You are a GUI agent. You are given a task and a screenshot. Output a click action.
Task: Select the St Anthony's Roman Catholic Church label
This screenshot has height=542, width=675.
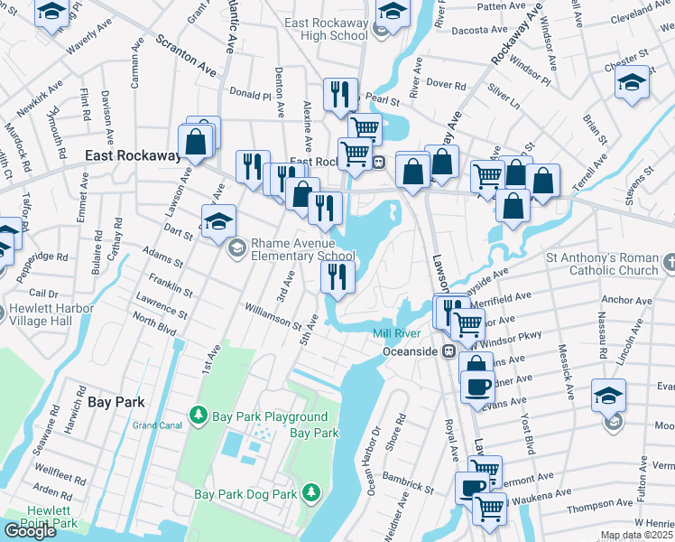(x=602, y=264)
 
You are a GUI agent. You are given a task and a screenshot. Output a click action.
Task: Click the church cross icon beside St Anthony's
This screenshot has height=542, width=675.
(x=669, y=263)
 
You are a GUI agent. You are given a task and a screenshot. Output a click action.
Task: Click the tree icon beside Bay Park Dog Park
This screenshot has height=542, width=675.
(x=310, y=492)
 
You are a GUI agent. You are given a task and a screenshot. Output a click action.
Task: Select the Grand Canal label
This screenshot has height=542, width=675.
(x=157, y=425)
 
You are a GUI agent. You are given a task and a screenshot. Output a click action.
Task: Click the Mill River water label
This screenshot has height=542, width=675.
(x=397, y=334)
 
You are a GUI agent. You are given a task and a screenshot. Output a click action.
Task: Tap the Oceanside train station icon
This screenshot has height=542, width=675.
(x=448, y=351)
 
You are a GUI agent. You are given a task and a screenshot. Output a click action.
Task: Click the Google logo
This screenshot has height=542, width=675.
(x=30, y=531)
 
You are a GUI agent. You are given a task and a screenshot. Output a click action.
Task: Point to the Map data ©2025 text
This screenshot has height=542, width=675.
(x=637, y=536)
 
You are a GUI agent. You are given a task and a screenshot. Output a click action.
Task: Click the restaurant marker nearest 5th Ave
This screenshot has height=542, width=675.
(x=337, y=276)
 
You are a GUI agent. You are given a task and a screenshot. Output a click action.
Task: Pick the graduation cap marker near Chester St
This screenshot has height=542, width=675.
(x=631, y=82)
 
